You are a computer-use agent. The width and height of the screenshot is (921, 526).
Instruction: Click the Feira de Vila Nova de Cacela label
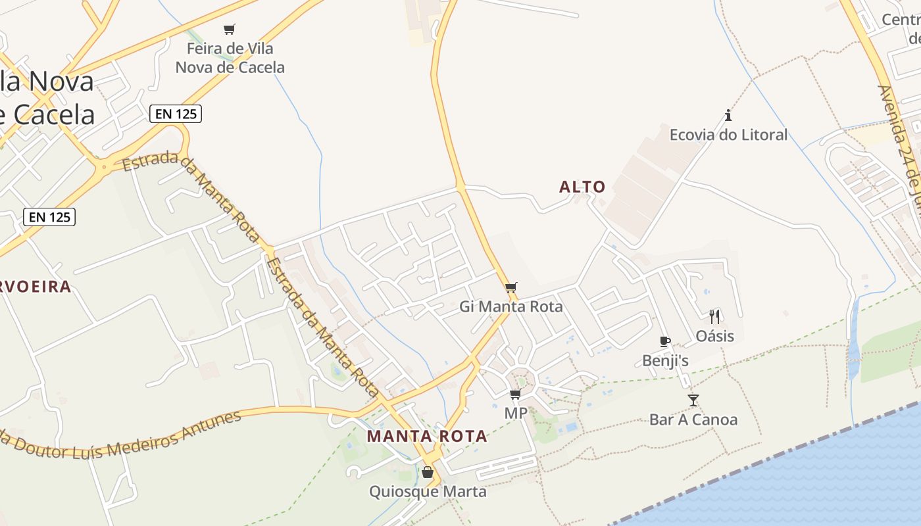click(230, 58)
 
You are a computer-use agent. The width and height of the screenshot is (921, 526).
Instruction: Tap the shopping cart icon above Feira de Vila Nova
click(229, 29)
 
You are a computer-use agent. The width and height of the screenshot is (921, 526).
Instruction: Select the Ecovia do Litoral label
click(728, 135)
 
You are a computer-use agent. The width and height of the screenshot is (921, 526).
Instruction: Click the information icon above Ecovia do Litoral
click(728, 116)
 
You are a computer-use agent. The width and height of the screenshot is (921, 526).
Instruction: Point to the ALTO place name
click(582, 187)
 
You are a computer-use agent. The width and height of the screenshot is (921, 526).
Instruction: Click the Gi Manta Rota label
click(511, 306)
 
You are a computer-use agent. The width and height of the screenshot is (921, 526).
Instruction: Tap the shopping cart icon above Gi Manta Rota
click(511, 287)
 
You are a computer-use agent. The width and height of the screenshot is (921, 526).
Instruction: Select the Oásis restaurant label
click(715, 336)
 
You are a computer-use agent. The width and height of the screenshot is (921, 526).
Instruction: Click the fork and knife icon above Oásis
click(715, 317)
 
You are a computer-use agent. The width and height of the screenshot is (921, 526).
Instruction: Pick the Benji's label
click(666, 360)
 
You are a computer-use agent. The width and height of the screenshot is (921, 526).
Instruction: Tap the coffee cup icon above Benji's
click(665, 341)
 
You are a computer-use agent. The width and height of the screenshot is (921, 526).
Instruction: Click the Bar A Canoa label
click(693, 419)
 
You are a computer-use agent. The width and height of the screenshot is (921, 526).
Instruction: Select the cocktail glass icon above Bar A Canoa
click(693, 400)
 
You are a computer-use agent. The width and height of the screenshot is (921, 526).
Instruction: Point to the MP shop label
click(516, 413)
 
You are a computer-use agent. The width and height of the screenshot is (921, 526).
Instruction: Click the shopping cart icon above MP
click(516, 394)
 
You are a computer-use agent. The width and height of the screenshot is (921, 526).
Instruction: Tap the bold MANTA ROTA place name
click(427, 436)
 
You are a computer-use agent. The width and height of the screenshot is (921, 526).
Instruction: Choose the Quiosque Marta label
click(428, 491)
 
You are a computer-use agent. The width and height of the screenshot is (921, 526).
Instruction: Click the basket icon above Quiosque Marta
click(428, 472)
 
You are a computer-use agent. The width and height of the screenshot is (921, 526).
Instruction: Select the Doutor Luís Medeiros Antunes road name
click(125, 437)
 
